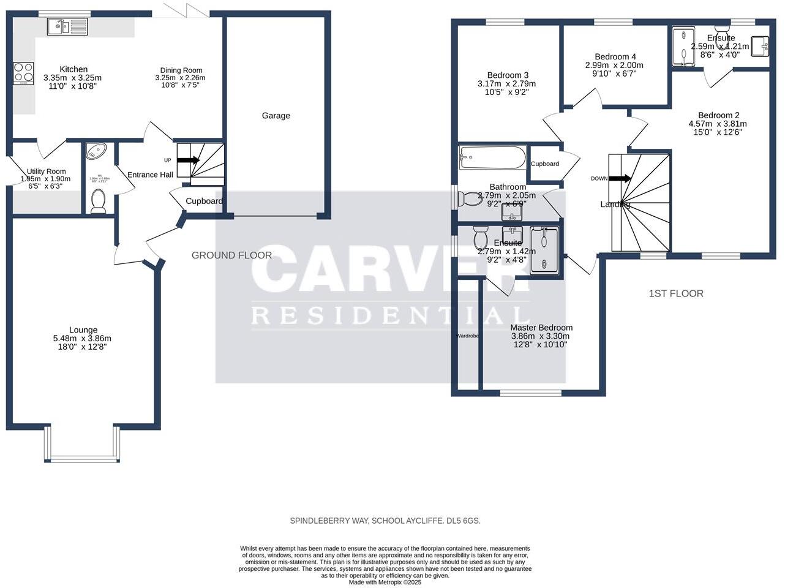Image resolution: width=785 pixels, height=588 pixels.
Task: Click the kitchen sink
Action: pos(67,26)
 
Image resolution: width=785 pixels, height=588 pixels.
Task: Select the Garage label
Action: pos(276,116)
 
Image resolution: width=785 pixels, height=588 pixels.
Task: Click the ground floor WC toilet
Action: pos(98,201)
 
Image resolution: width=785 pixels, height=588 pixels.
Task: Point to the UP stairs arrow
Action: pos(189,160)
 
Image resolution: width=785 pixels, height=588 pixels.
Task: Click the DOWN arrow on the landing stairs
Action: pos(620,179)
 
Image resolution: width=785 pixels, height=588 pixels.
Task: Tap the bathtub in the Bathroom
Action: pos(492,157)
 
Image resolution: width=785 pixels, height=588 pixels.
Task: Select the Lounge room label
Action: pos(83,330)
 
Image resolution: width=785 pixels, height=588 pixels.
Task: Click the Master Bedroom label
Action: pos(541,328)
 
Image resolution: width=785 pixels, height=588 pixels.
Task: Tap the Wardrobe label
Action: pos(467,336)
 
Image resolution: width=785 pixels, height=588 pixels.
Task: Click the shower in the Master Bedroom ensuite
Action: pos(544,249)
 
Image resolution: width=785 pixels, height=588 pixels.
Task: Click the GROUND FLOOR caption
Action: pos(231,255)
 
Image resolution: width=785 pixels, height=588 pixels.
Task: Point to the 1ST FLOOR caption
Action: pos(676,293)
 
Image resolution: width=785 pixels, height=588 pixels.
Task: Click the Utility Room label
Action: pos(46,171)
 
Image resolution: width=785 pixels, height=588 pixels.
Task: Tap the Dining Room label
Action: pos(181,70)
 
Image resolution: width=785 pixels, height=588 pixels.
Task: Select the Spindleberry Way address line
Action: pos(385,521)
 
